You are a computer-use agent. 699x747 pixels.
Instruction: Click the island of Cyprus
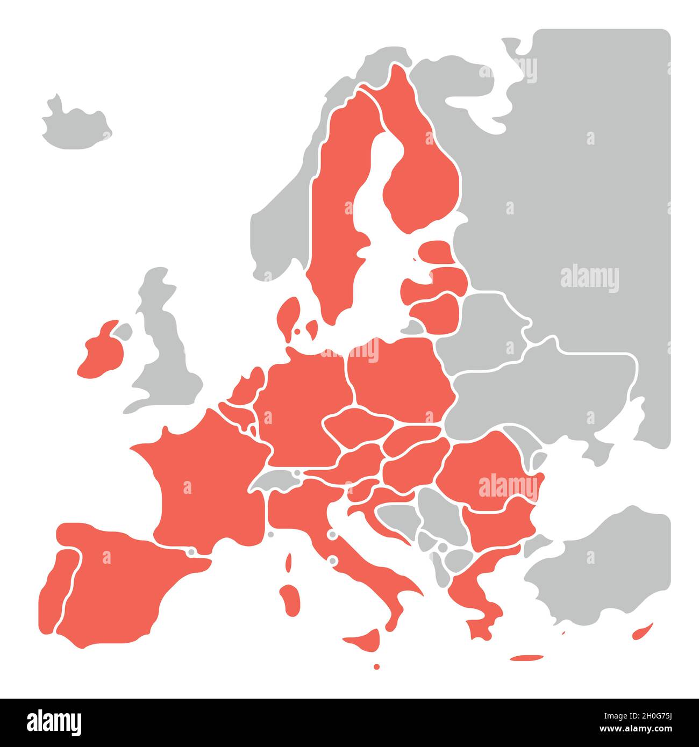click(643, 631)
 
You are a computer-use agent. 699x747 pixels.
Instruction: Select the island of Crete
click(527, 657)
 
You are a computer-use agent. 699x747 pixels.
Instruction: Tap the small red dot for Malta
click(376, 666)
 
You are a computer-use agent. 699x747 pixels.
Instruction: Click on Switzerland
click(277, 478)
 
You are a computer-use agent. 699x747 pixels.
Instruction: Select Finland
click(425, 177)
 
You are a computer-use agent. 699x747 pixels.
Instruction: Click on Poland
click(398, 376)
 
